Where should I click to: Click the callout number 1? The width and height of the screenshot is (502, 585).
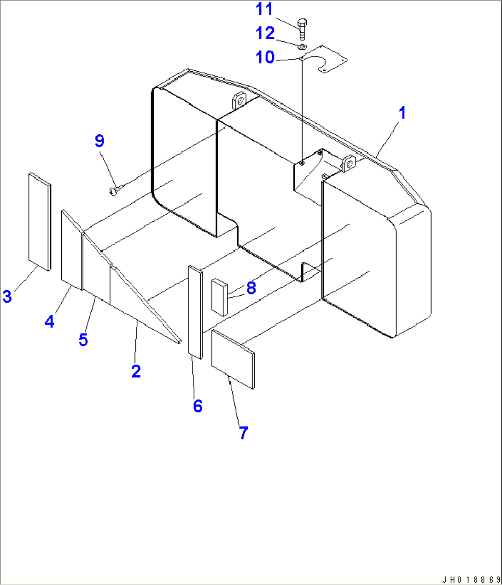coord(403,113)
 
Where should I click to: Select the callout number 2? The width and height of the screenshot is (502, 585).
coord(135,371)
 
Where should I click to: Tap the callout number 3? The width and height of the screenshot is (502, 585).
coord(7,296)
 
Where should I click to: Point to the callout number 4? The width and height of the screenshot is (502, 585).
coord(49,321)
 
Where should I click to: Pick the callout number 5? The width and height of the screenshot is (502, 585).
coord(83,339)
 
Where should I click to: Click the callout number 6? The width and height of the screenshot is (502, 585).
coord(198,406)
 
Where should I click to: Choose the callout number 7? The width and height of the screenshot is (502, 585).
coord(243,432)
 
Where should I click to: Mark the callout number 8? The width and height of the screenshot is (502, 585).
coord(251,288)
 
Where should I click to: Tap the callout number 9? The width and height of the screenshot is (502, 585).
coord(99,141)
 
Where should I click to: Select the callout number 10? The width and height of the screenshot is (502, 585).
coord(265,57)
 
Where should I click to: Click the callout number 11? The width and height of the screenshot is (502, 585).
coord(264,9)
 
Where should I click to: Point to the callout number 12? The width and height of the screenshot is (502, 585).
coord(265,33)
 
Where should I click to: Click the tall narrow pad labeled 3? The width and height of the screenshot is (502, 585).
coord(40,221)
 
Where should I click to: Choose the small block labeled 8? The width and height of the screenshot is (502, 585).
coord(219,297)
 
